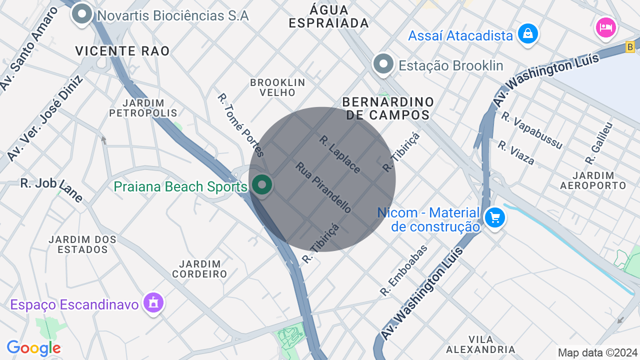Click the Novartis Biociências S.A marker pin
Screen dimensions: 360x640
(82, 14)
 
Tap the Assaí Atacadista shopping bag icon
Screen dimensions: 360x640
(527, 34)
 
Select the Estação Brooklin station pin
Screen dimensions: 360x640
(383, 64)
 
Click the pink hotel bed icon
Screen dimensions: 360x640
(605, 26)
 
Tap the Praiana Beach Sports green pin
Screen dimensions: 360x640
(261, 185)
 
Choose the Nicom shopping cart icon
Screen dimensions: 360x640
(495, 218)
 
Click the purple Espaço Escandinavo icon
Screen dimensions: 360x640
(153, 302)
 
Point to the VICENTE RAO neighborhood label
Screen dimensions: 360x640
(122, 51)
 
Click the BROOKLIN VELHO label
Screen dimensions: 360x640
(277, 87)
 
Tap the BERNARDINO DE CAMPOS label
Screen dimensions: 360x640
(388, 108)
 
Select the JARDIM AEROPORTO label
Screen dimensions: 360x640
(593, 180)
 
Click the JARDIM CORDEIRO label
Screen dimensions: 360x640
(199, 268)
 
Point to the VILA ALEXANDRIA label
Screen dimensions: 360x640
(480, 344)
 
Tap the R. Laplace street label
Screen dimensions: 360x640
(339, 154)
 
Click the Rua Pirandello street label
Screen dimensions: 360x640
(323, 187)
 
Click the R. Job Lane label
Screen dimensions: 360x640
(51, 188)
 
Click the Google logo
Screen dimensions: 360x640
(33, 348)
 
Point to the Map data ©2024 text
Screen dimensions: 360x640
(597, 352)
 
